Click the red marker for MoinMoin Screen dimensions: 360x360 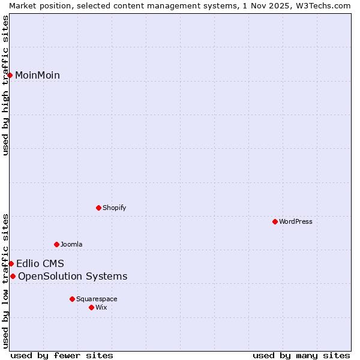pos(10,75)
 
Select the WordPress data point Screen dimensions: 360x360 pos(275,221)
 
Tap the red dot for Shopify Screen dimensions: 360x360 pos(98,208)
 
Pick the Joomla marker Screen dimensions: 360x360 pos(56,244)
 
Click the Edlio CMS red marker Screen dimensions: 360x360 pos(11,263)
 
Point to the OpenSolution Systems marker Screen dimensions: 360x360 pos(13,276)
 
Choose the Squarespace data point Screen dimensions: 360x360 pos(72,299)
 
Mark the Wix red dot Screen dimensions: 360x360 pos(91,307)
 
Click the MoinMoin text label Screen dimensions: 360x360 pos(37,75)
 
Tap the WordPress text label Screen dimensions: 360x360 pos(296,221)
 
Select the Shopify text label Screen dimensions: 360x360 pos(114,208)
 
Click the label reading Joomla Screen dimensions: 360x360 pos(71,244)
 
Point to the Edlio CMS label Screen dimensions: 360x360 pos(40,263)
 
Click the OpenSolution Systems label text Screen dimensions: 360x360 pos(73,276)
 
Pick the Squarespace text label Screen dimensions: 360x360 pos(97,299)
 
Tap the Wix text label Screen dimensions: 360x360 pos(101,307)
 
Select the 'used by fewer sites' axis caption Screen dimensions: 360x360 pos(62,355)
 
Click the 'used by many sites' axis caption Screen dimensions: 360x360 pos(301,355)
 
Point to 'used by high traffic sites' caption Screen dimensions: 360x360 pos(5,84)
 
